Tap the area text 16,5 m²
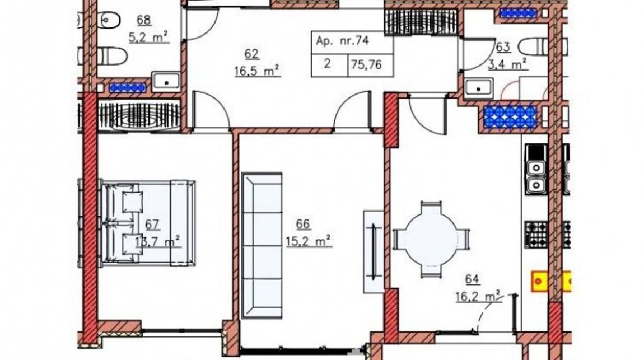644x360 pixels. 257,71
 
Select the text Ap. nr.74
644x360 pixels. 343,41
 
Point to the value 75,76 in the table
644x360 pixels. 366,64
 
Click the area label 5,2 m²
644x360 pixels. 148,38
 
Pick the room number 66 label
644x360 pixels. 303,224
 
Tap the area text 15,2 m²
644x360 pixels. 309,241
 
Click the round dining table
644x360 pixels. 431,239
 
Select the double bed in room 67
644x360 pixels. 148,222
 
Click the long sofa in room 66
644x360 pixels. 262,245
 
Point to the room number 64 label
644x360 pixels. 472,279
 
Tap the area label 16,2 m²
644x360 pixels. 478,296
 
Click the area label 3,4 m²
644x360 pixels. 508,64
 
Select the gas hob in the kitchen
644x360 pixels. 536,235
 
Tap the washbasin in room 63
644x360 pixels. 478,88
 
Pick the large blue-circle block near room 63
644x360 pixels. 510,117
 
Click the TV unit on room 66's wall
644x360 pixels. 374,251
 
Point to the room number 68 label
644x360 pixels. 144,20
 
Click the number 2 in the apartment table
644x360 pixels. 327,64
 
